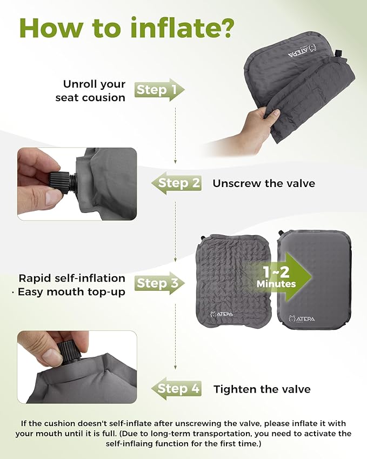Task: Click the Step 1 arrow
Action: point(159,90)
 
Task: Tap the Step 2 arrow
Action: point(177,183)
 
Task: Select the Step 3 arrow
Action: point(159,283)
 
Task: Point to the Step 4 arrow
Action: point(177,389)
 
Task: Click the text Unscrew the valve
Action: point(264,183)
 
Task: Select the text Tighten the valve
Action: point(262,389)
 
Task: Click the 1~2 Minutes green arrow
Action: point(278,277)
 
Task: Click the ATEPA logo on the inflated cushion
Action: point(302,318)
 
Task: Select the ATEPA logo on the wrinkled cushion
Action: point(222,314)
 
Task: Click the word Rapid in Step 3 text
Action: point(34,278)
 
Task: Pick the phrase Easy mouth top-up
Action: point(71,292)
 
